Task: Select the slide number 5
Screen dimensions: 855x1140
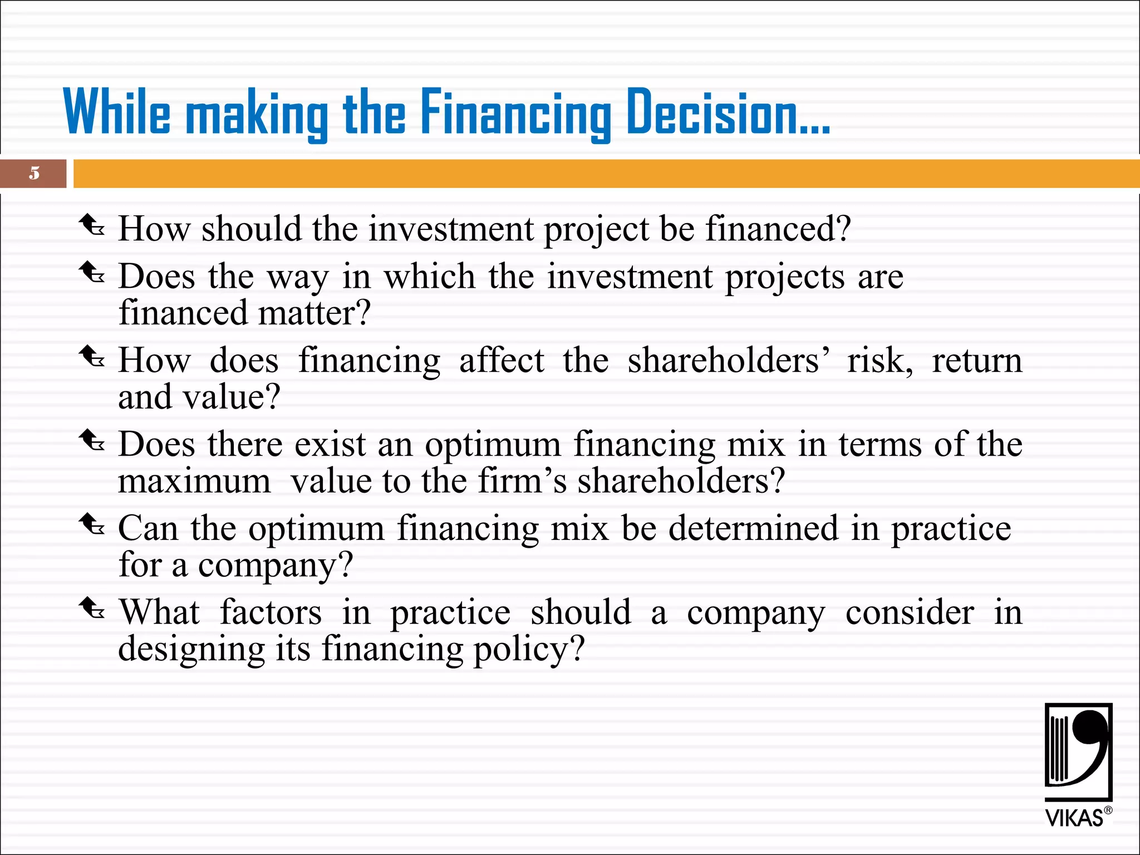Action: pos(35,173)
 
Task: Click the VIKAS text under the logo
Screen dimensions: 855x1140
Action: pos(1074,818)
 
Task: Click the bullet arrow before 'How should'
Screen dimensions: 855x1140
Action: pos(91,225)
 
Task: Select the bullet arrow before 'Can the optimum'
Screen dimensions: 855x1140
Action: pos(91,524)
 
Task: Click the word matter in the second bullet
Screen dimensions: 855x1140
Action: pos(315,313)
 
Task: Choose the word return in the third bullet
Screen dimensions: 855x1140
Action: pos(977,360)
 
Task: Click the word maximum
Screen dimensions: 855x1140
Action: pos(194,481)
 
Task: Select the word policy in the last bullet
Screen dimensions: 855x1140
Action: pos(529,650)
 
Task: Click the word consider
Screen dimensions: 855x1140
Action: pos(910,612)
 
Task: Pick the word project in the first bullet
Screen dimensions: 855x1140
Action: pos(596,229)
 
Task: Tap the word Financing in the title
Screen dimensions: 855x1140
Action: pos(515,113)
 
